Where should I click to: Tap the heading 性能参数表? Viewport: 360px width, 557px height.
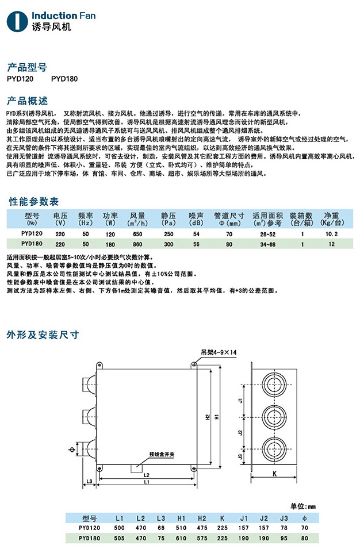(x=34, y=202)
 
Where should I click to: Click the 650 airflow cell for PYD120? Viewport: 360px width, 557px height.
(x=137, y=235)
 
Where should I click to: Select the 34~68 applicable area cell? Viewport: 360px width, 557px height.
(x=267, y=244)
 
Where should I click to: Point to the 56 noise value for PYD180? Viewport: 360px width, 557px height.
(x=196, y=244)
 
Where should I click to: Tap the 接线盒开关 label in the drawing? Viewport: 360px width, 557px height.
(x=161, y=454)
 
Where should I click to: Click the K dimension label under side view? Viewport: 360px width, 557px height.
(x=275, y=475)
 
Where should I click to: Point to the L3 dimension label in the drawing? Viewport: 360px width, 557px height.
(x=90, y=480)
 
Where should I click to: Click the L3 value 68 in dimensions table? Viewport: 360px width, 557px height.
(x=160, y=527)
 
